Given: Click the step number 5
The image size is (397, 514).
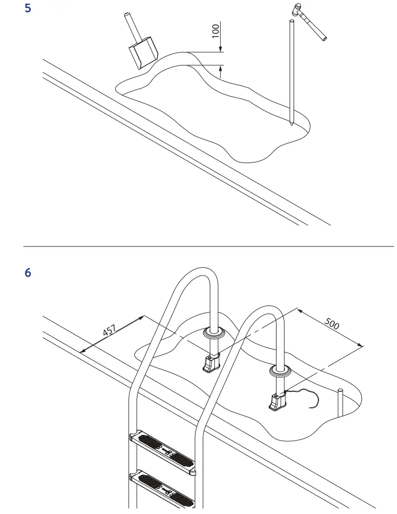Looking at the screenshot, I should coord(29,9).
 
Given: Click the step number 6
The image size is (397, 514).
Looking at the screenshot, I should coord(29,273).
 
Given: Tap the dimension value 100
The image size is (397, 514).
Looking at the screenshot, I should coord(215,30).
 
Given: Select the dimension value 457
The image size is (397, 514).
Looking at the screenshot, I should coord(109,330).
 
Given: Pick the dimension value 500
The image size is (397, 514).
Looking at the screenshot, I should coord(332,324).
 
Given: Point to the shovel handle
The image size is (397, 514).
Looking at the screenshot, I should coord(130,24).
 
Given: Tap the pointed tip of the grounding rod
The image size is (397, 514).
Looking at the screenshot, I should coord(291,123).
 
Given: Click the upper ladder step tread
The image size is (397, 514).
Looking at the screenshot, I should coord(162,446).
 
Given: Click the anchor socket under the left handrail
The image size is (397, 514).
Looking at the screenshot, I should coord(210,364).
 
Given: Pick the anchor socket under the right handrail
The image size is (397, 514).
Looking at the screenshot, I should coord(278,403).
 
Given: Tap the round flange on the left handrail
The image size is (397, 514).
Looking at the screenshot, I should coord(213,334).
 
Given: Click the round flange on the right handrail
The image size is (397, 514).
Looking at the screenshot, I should coord(280,371).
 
